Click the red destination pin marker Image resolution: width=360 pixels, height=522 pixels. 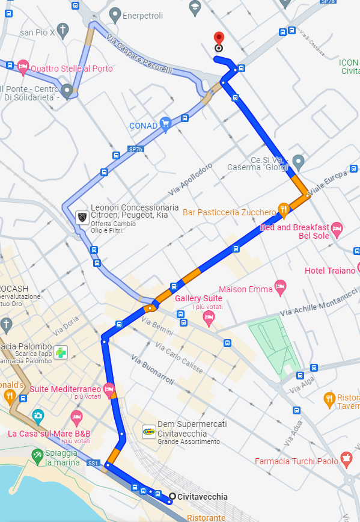click(218, 38)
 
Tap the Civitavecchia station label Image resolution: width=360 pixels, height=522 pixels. click(202, 497)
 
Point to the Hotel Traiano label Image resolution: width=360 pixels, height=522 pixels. click(330, 271)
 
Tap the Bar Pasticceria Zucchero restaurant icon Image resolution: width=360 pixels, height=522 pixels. click(284, 210)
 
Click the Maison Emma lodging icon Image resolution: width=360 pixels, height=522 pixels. click(279, 287)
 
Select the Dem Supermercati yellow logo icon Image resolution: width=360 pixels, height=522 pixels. click(148, 431)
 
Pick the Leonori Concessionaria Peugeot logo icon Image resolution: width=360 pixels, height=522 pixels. click(82, 216)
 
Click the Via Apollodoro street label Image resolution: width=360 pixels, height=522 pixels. click(191, 179)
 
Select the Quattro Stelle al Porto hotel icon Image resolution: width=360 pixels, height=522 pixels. click(23, 67)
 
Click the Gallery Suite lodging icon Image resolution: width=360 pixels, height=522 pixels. click(209, 317)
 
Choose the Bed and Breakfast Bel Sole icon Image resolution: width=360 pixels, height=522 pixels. click(337, 229)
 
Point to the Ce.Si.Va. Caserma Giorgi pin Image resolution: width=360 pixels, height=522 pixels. click(298, 161)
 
